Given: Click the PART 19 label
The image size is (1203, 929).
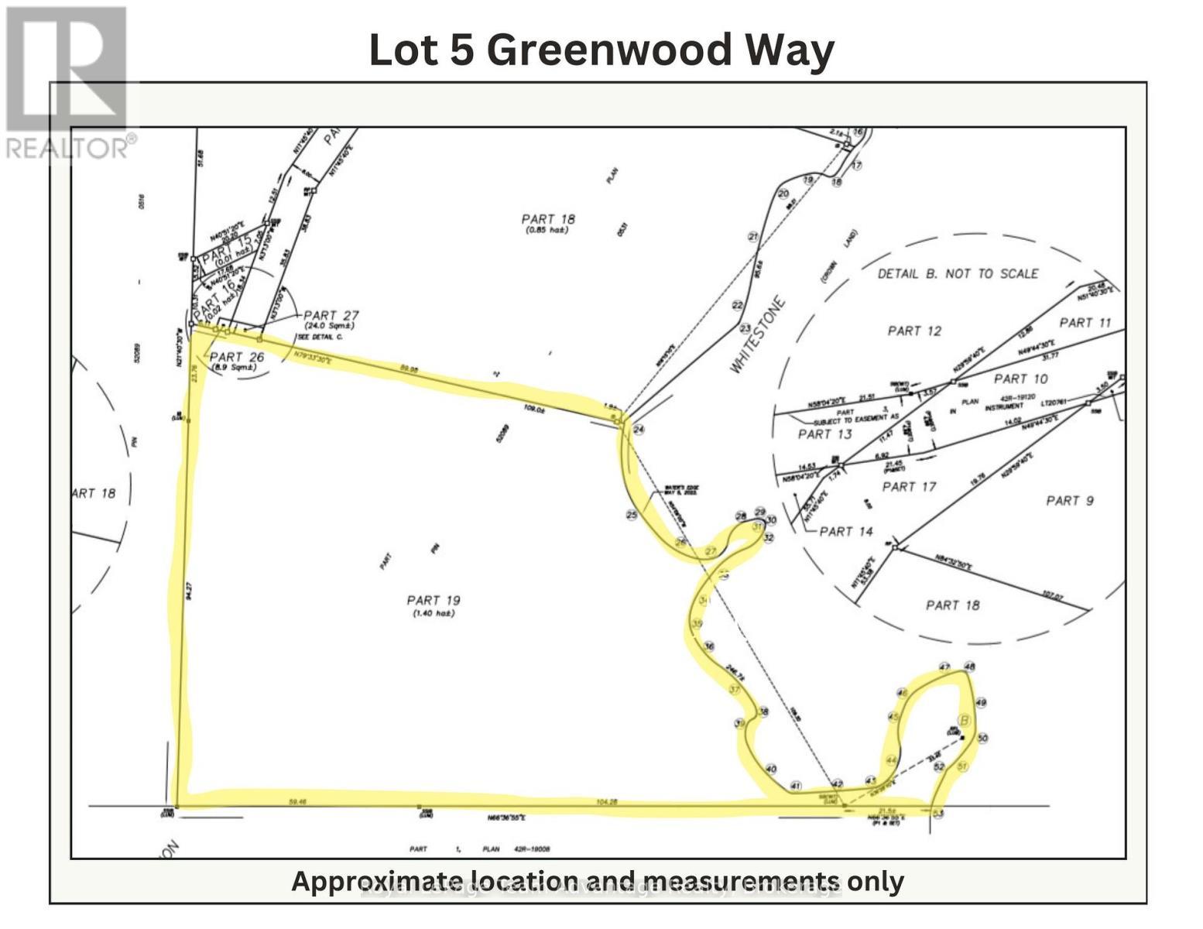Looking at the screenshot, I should click(434, 600).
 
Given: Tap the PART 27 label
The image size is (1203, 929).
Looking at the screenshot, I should click(331, 315).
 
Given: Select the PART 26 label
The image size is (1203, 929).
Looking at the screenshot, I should click(237, 357).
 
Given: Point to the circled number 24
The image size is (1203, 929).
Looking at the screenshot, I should click(639, 429).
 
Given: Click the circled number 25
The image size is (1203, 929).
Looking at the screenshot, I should click(632, 515).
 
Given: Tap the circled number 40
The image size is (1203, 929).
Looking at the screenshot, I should click(770, 769).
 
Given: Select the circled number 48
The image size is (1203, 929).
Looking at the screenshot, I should click(969, 667).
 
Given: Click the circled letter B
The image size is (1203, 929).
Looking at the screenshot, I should click(964, 721).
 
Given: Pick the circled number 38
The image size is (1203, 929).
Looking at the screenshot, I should click(763, 712).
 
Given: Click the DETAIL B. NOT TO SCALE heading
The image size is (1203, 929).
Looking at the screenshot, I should click(958, 273).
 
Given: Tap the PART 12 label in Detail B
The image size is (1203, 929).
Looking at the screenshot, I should click(914, 331).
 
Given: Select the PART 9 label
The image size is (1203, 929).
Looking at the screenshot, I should click(1070, 501).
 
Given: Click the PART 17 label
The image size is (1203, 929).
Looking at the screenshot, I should click(909, 487).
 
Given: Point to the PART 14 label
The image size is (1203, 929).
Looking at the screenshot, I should click(846, 532).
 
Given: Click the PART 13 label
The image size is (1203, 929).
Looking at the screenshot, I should click(824, 434).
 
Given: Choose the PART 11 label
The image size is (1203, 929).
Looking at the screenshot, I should click(1085, 323).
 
